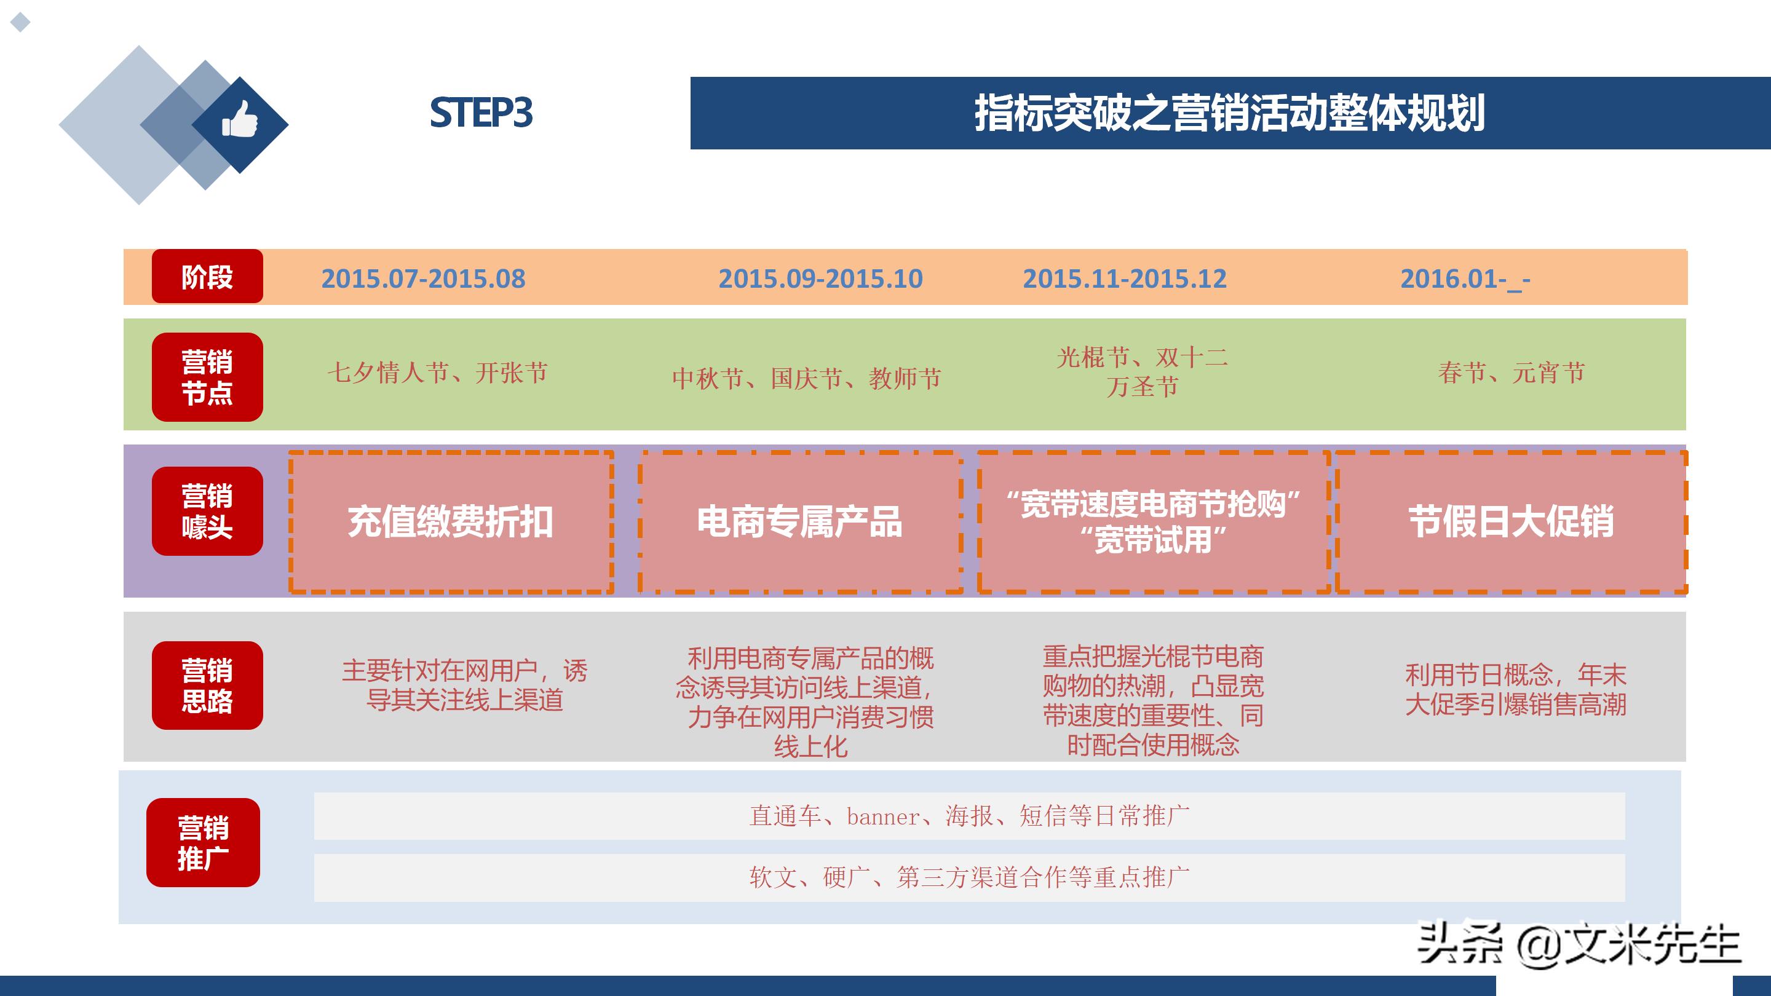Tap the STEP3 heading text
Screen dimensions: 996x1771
pyautogui.click(x=481, y=113)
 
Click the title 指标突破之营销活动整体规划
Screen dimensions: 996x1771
pyautogui.click(x=1229, y=113)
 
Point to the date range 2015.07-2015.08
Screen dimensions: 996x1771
pyautogui.click(x=423, y=279)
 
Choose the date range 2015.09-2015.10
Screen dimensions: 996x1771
pyautogui.click(x=820, y=279)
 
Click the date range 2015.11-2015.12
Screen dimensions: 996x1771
pyautogui.click(x=1124, y=279)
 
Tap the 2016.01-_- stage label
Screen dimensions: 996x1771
pyautogui.click(x=1465, y=279)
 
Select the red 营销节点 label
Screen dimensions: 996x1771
pyautogui.click(x=207, y=377)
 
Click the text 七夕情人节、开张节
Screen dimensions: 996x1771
pyautogui.click(x=437, y=373)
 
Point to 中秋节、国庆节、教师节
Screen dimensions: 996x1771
pyautogui.click(x=806, y=378)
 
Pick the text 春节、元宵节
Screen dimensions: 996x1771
pyautogui.click(x=1511, y=373)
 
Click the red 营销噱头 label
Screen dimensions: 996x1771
pyautogui.click(x=207, y=512)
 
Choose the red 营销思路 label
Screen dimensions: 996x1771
pyautogui.click(x=207, y=686)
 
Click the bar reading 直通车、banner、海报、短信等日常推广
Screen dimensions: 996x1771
pyautogui.click(x=969, y=816)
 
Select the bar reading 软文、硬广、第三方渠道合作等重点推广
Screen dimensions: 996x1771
pyautogui.click(x=969, y=878)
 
